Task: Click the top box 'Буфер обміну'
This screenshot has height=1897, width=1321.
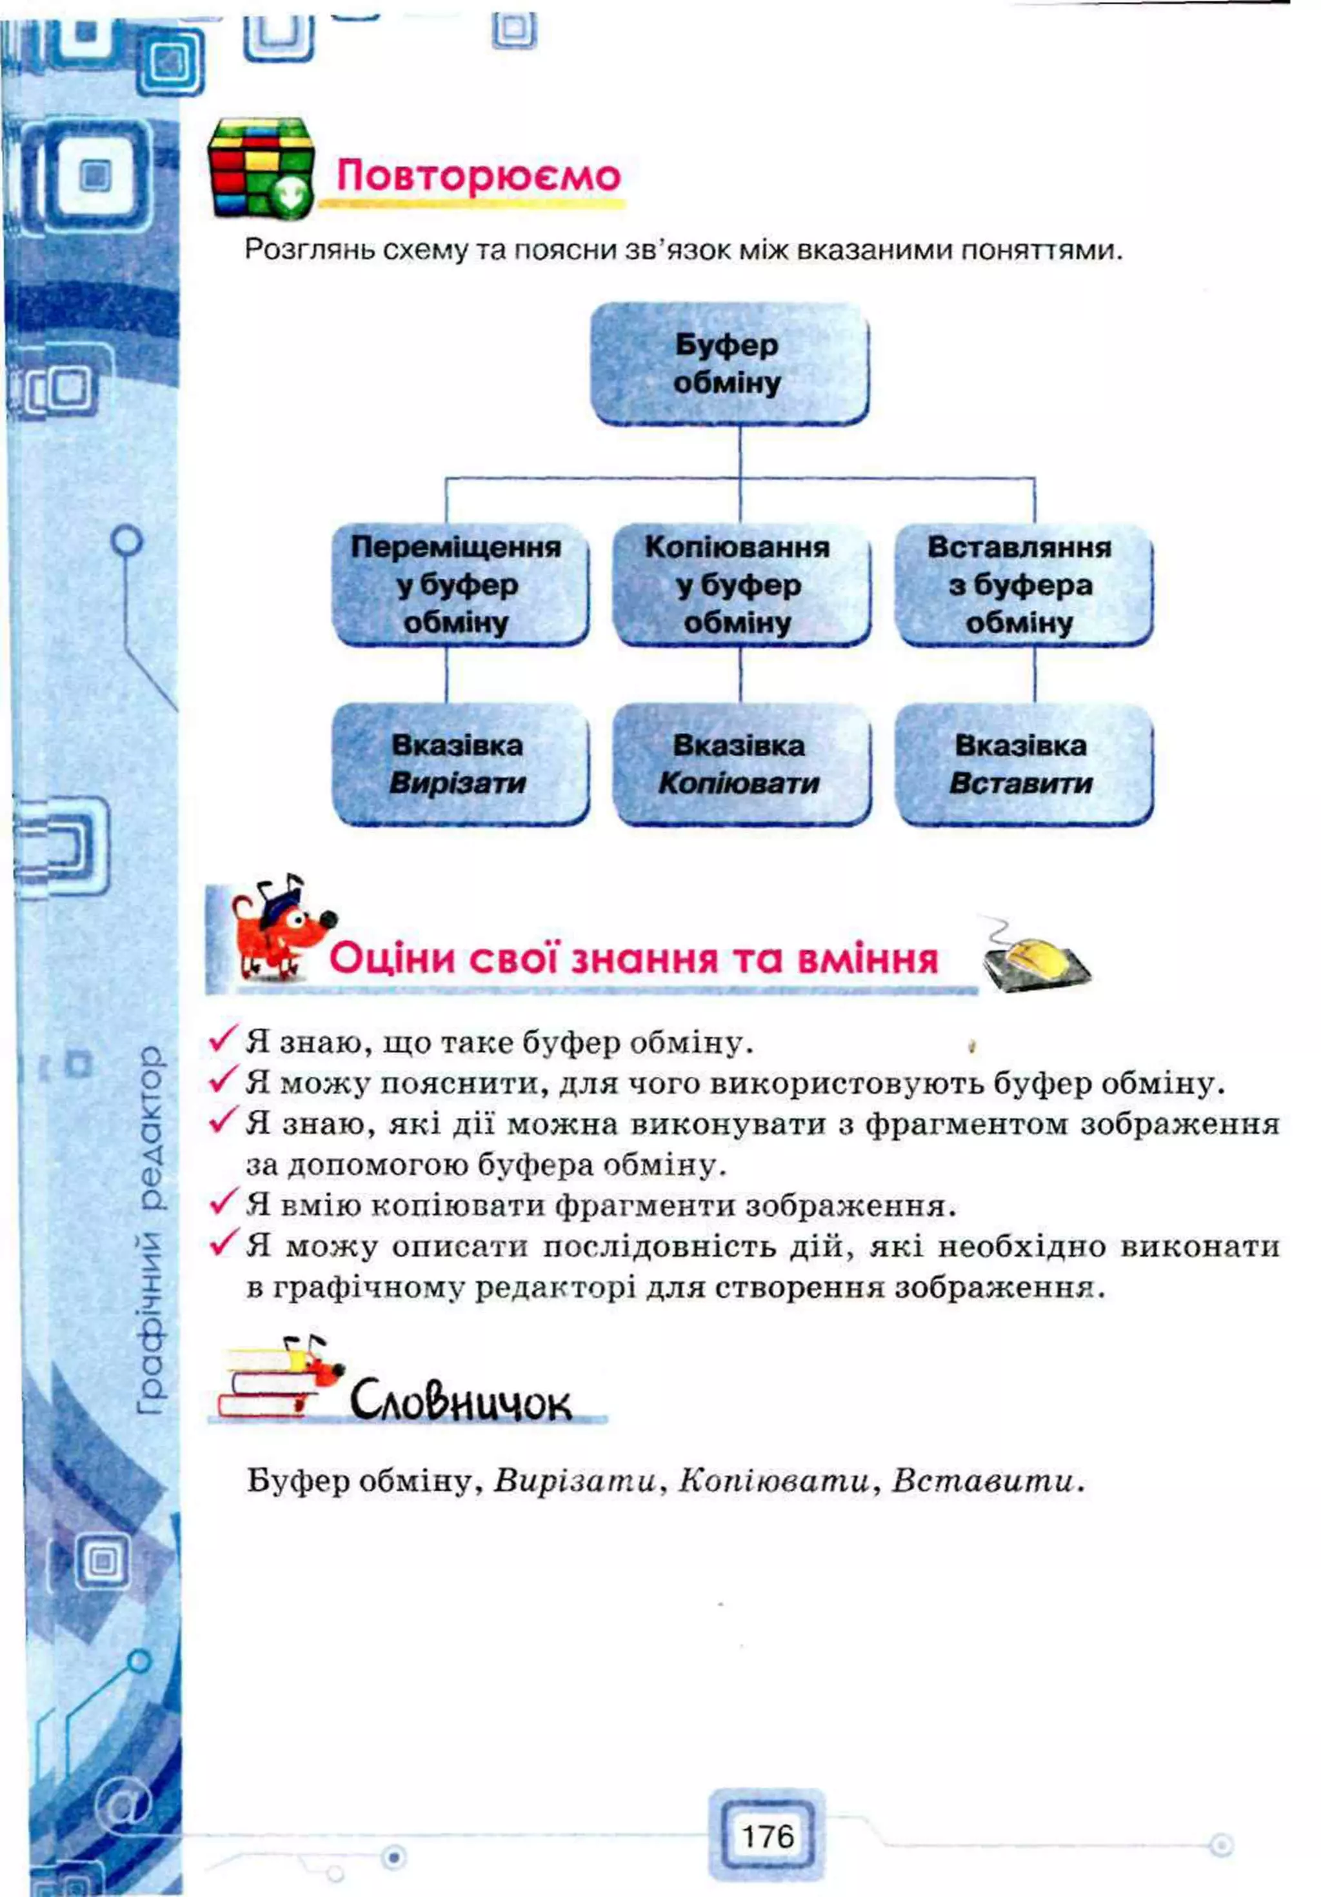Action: point(729,363)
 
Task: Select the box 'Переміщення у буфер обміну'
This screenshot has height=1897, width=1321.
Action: point(459,584)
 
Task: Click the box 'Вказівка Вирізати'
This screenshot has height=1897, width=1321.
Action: point(459,763)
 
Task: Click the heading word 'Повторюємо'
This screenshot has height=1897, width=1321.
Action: point(477,176)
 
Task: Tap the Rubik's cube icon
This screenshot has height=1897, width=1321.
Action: point(260,168)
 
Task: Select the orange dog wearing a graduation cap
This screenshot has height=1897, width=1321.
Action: point(277,930)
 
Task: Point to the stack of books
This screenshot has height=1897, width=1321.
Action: point(268,1384)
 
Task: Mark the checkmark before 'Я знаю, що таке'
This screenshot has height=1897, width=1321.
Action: point(223,1039)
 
